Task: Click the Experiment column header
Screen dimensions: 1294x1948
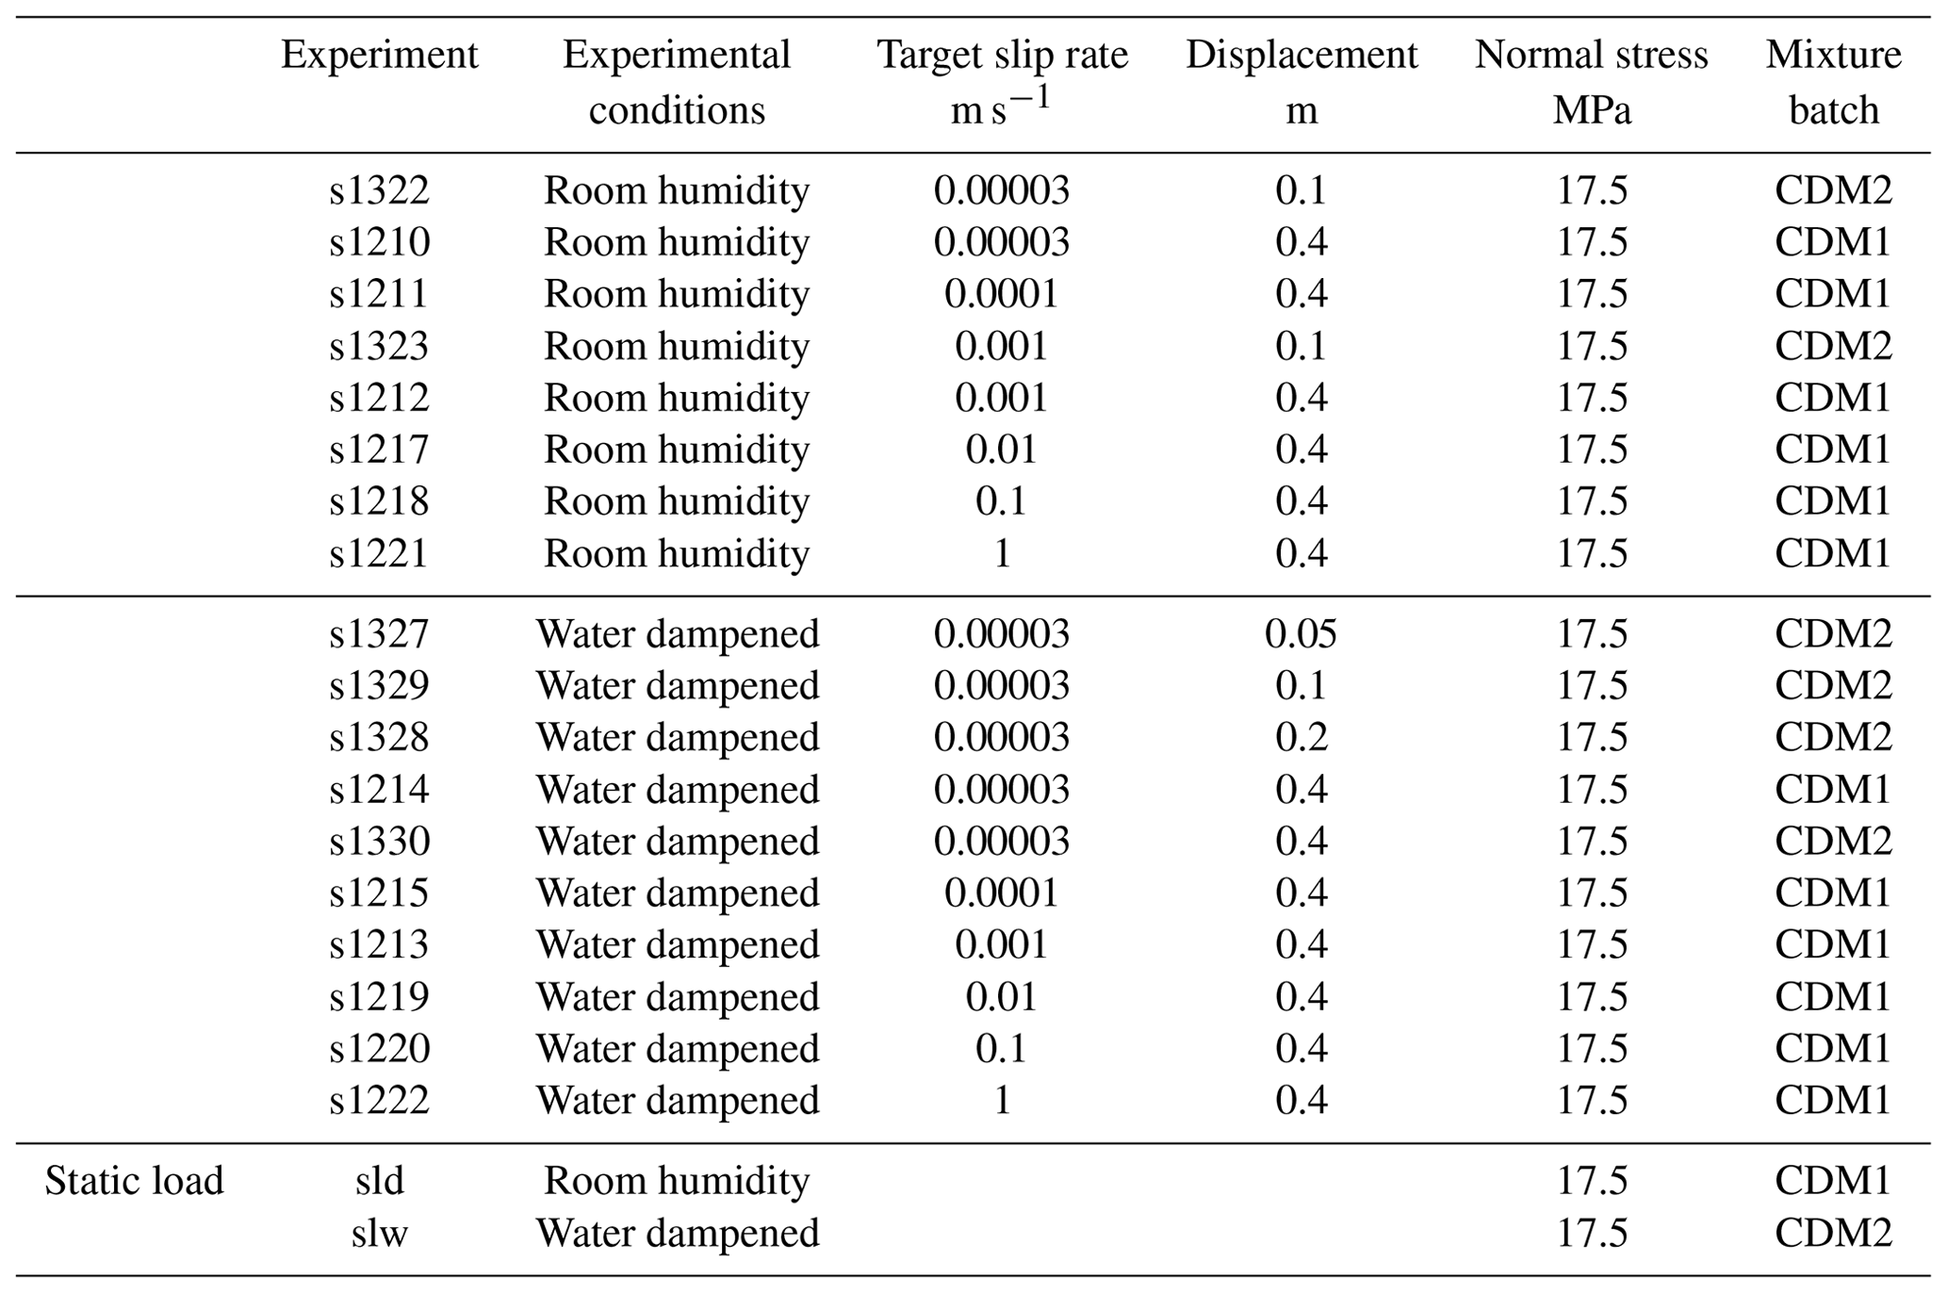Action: click(x=379, y=56)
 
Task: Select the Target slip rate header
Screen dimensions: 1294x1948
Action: click(x=1002, y=56)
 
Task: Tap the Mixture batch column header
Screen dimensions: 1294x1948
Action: click(x=1832, y=82)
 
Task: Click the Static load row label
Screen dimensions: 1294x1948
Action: click(x=134, y=1181)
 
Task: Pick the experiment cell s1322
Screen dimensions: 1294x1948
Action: click(x=379, y=191)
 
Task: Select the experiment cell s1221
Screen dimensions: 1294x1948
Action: click(x=379, y=553)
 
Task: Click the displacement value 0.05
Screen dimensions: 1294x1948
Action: click(x=1301, y=634)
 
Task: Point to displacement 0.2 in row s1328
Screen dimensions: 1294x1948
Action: click(x=1301, y=737)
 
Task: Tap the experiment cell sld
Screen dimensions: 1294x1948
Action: click(x=379, y=1181)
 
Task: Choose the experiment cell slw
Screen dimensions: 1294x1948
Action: click(x=379, y=1233)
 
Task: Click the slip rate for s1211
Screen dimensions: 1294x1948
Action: click(x=1001, y=294)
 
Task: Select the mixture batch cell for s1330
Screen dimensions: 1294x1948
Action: click(x=1832, y=841)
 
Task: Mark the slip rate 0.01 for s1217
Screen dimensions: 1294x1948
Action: click(x=1001, y=450)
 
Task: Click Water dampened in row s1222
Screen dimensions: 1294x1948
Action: click(x=677, y=1100)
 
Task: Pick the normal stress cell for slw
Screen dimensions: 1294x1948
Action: click(x=1591, y=1233)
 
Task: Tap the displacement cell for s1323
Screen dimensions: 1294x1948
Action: click(x=1301, y=346)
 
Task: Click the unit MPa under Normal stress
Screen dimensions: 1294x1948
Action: click(x=1591, y=111)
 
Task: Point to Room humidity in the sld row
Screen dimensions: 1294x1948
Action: click(x=677, y=1181)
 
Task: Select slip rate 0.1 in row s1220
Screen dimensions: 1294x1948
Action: click(x=1001, y=1048)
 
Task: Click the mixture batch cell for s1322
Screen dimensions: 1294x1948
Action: click(x=1832, y=191)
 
